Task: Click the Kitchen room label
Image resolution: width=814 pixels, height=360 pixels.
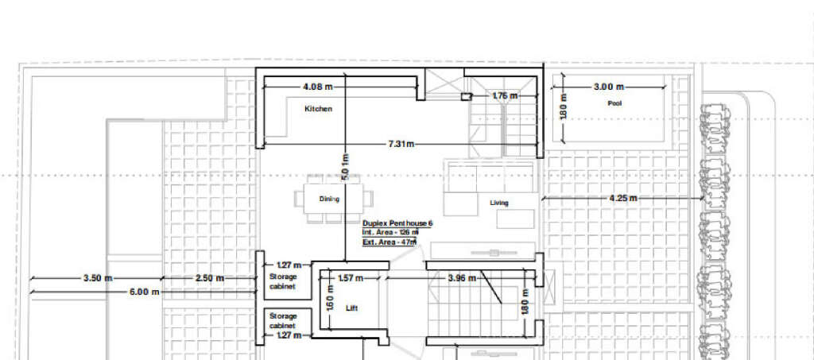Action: point(318,109)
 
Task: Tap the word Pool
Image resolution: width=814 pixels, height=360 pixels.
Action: point(614,103)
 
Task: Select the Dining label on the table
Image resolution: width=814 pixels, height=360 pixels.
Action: point(329,199)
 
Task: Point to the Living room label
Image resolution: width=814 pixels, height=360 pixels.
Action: point(498,203)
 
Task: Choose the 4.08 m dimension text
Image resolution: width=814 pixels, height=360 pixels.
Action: point(317,86)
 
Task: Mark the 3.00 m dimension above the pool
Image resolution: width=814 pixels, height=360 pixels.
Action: point(609,86)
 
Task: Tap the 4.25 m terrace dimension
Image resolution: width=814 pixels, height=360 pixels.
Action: point(622,198)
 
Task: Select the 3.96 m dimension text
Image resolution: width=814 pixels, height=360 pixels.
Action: point(462,278)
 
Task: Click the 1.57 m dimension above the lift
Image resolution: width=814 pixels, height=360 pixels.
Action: point(351,278)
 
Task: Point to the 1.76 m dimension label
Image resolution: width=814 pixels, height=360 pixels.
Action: point(504,96)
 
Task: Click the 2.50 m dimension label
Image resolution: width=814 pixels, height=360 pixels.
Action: point(209,278)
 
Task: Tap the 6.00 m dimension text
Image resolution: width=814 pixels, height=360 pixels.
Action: point(144,292)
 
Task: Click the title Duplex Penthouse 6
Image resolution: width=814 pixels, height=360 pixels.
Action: point(397,224)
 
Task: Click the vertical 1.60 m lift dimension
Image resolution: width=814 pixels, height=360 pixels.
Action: point(329,304)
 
